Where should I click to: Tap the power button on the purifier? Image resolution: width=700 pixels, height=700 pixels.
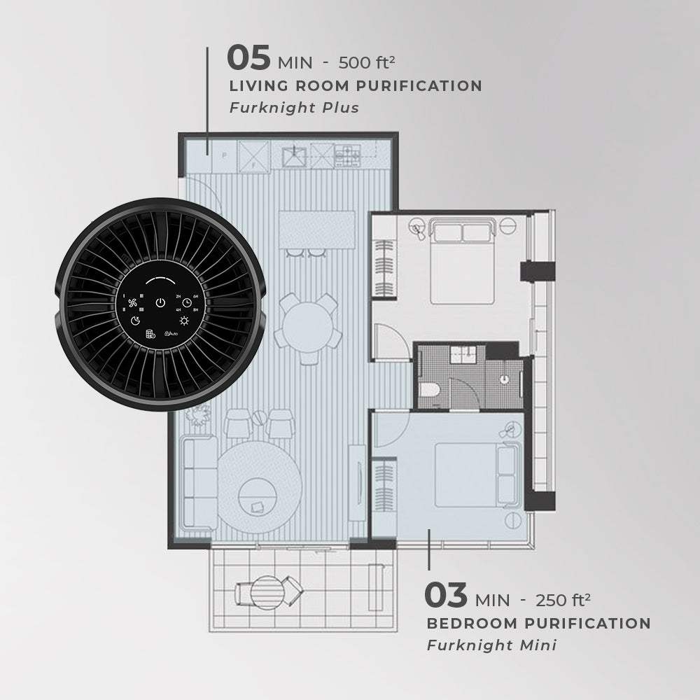pyautogui.click(x=160, y=303)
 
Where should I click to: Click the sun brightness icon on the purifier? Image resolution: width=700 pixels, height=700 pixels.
pyautogui.click(x=184, y=321)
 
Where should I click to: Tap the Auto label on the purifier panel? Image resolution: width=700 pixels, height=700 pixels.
pyautogui.click(x=170, y=335)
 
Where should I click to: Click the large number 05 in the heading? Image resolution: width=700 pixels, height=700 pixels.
pyautogui.click(x=248, y=59)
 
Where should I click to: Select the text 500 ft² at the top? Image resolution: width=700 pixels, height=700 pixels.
pyautogui.click(x=367, y=62)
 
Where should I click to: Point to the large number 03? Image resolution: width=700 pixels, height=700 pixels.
pyautogui.click(x=446, y=596)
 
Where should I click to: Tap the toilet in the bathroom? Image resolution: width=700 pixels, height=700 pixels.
pyautogui.click(x=431, y=392)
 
